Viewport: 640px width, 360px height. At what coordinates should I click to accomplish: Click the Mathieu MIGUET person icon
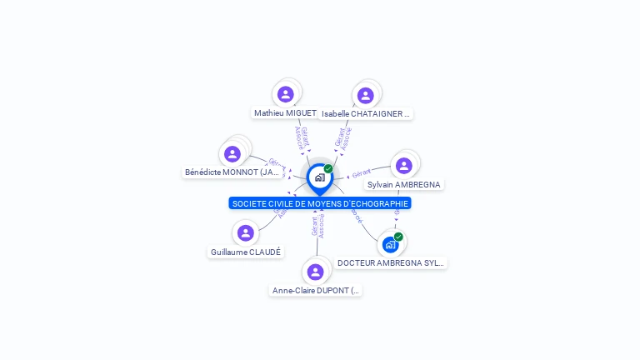point(286,94)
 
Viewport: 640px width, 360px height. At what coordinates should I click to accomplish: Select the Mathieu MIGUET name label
point(285,112)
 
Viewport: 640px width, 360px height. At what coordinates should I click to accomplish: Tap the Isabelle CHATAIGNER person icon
point(365,95)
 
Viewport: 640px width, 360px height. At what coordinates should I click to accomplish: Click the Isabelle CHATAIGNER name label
point(366,113)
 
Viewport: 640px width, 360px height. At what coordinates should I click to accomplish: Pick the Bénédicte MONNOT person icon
point(232,154)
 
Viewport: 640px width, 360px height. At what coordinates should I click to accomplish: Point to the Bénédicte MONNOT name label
point(232,172)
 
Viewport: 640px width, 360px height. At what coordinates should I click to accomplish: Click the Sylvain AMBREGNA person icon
point(404,166)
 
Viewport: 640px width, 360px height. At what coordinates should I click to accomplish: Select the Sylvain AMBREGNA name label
point(404,184)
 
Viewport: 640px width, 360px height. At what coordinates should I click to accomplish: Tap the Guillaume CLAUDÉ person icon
point(245,233)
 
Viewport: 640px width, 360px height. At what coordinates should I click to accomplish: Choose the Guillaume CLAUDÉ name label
point(246,252)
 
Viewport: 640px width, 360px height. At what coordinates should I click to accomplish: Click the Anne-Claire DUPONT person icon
point(315,272)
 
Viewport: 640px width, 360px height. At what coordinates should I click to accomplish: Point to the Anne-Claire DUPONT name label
point(316,291)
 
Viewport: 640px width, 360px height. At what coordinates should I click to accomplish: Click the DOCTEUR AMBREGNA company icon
point(389,245)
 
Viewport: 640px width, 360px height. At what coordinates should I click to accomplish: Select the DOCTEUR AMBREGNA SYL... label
point(391,262)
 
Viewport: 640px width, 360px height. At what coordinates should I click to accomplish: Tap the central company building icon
point(319,177)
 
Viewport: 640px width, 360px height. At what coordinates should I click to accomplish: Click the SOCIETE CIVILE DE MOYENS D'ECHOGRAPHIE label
point(320,203)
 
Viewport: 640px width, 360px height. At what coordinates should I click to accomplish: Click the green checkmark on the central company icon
point(328,169)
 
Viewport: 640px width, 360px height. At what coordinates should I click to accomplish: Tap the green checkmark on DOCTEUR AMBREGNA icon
point(398,237)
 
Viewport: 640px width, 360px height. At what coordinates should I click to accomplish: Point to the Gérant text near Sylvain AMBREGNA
point(361,173)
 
